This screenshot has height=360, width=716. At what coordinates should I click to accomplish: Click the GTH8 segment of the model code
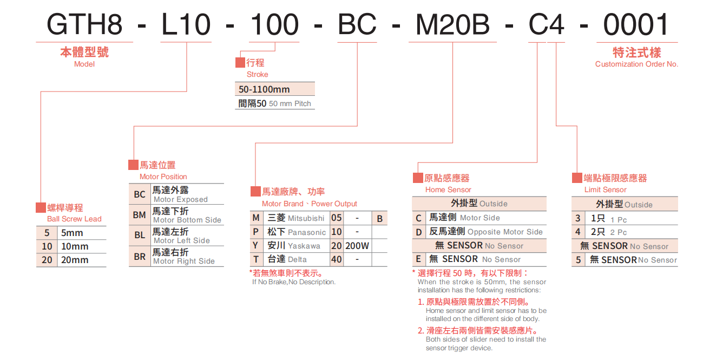pyautogui.click(x=84, y=24)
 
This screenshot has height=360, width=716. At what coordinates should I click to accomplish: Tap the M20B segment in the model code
pyautogui.click(x=452, y=24)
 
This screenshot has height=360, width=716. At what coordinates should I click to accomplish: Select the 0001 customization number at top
pyautogui.click(x=636, y=24)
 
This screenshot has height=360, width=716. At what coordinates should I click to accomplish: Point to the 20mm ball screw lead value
pyautogui.click(x=75, y=260)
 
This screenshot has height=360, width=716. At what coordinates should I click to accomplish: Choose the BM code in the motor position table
pyautogui.click(x=140, y=215)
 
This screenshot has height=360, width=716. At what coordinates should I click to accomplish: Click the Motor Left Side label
pyautogui.click(x=181, y=240)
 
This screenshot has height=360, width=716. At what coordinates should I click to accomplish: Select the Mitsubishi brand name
pyautogui.click(x=306, y=218)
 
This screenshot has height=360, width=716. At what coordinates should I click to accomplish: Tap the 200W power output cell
pyautogui.click(x=357, y=246)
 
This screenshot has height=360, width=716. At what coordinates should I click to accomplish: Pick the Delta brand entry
pyautogui.click(x=297, y=259)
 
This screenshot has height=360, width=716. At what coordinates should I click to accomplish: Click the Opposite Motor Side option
pyautogui.click(x=505, y=232)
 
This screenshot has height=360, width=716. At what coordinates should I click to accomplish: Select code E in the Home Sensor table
pyautogui.click(x=418, y=259)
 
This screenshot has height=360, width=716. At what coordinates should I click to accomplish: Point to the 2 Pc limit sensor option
pyautogui.click(x=618, y=232)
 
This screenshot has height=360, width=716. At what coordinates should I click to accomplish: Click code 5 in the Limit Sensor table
pyautogui.click(x=578, y=260)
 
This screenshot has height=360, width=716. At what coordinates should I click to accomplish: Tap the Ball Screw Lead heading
pyautogui.click(x=74, y=219)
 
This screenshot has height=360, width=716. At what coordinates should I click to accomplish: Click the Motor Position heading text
pyautogui.click(x=163, y=176)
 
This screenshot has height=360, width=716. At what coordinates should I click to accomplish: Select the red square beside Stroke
pyautogui.click(x=240, y=63)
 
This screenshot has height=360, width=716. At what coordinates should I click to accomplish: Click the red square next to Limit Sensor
pyautogui.click(x=577, y=178)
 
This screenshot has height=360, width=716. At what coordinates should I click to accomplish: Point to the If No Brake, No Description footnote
pyautogui.click(x=294, y=282)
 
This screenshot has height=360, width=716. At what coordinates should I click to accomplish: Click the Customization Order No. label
pyautogui.click(x=636, y=64)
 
